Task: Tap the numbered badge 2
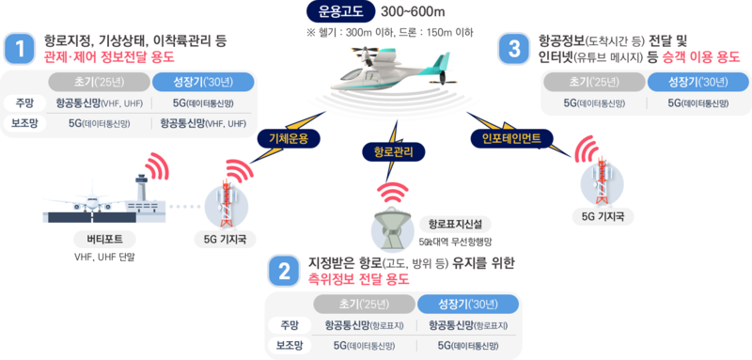pyautogui.click(x=282, y=271)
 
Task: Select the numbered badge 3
pyautogui.click(x=513, y=49)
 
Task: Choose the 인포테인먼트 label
pyautogui.click(x=511, y=138)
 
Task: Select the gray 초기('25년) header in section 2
pyautogui.click(x=362, y=304)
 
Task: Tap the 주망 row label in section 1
pyautogui.click(x=23, y=102)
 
